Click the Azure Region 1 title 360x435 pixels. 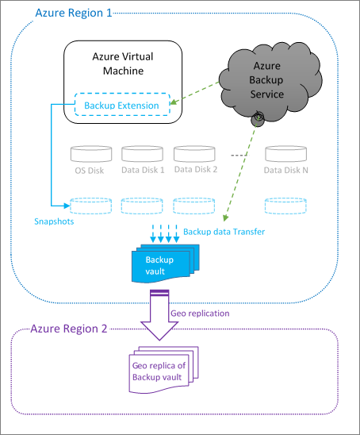coord(74,13)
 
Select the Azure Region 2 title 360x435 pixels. coord(69,329)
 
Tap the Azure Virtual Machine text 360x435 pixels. coord(123,64)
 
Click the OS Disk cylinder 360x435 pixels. coord(91,154)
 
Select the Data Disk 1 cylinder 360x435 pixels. coord(142,154)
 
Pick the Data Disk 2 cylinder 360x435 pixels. coord(194,154)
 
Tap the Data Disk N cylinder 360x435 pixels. coord(285,154)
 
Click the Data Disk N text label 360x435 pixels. coord(285,170)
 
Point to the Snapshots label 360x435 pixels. coord(54,221)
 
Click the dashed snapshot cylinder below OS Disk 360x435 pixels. coord(90,206)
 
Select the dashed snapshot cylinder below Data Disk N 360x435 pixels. coord(285,206)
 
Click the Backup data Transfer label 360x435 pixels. coord(224,232)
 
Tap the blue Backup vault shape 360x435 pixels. coord(165,264)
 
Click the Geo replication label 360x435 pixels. coord(200,314)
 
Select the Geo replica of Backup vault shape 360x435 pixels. coord(163,370)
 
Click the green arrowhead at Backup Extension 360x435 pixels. coord(173,102)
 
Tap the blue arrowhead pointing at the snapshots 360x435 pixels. coord(67,206)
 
